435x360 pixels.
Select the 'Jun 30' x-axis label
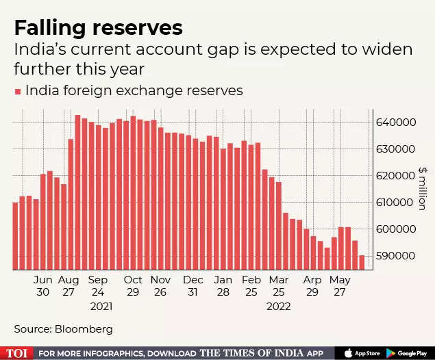point(42,286)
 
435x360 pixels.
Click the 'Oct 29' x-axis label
point(132,286)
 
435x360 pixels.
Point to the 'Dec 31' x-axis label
point(193,286)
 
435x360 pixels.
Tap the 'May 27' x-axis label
point(340,286)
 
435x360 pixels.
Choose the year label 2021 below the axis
point(101,306)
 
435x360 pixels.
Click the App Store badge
point(362,352)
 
